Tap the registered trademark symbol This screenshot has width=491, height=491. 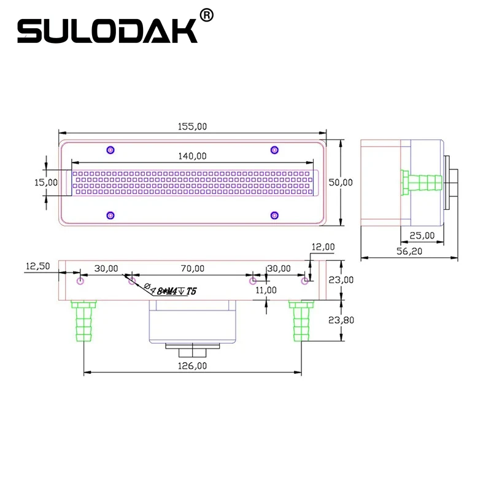206,15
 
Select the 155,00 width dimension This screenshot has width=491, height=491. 192,126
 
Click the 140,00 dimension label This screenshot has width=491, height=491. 192,156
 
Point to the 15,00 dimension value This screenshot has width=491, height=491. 45,182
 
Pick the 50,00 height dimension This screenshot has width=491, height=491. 341,182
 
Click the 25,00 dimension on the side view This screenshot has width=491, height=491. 422,235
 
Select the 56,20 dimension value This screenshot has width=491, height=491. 409,251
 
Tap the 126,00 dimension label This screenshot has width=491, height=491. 192,366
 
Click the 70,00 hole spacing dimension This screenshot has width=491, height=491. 193,268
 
